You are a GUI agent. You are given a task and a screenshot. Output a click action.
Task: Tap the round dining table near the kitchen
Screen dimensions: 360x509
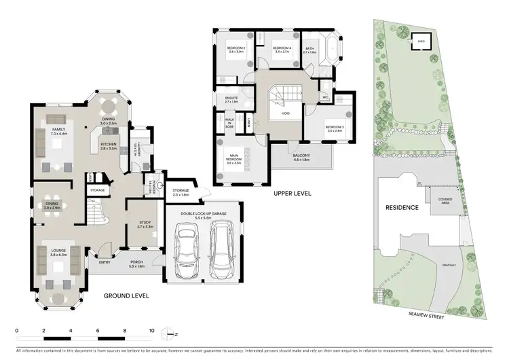(109, 105)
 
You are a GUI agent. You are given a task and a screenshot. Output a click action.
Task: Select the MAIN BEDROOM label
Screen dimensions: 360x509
(235, 161)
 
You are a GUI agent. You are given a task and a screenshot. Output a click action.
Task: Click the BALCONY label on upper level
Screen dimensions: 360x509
(301, 157)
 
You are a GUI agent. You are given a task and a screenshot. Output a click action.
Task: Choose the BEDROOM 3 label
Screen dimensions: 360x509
(333, 128)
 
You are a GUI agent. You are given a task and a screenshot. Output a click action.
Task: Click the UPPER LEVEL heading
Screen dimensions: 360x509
(292, 194)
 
